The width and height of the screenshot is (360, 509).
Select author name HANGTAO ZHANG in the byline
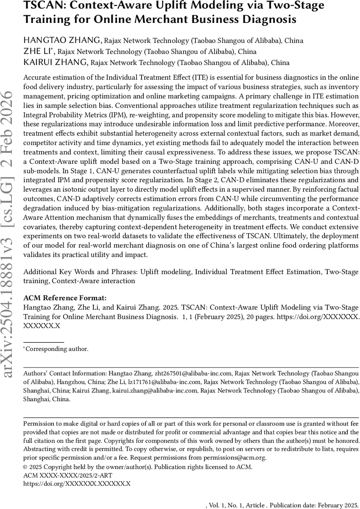(x=62, y=41)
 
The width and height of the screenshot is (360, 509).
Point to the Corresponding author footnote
(x=57, y=349)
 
